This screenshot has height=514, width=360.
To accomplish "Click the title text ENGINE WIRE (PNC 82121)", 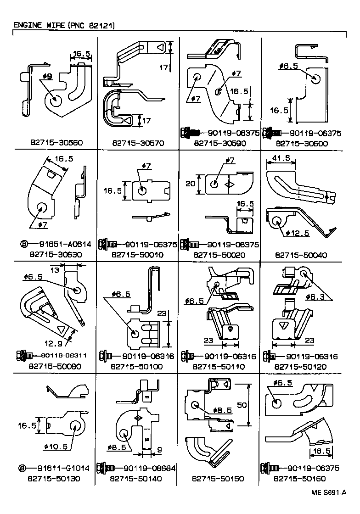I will [x=63, y=25].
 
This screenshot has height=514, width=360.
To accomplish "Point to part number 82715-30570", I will [x=138, y=143].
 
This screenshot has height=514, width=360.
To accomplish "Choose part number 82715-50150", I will [x=219, y=479].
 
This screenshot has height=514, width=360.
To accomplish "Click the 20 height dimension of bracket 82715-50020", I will [x=190, y=183].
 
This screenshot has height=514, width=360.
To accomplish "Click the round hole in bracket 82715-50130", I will [x=73, y=425].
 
